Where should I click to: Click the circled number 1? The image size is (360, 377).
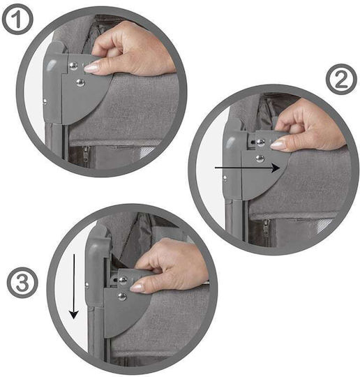coord(17,20)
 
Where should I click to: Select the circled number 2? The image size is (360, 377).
coord(341,80)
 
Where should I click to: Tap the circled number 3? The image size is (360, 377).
coord(22,283)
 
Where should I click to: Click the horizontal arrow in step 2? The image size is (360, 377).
coord(248,168)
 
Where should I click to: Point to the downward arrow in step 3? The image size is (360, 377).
coord(74,286)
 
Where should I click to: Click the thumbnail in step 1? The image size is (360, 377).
coord(91,68)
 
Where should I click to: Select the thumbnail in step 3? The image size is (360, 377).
coord(137,288)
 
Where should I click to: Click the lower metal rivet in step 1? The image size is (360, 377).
coord(80,83)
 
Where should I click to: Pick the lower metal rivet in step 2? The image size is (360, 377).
coord(260,158)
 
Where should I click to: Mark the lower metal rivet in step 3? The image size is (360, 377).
coord(122,297)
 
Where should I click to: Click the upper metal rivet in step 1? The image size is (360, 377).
coord(73,66)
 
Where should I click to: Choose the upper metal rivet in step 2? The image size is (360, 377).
coord(260,143)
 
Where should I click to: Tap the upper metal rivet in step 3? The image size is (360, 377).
coord(123,281)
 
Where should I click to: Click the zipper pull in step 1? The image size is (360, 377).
coord(86,154)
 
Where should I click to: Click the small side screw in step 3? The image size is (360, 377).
coord(87,286)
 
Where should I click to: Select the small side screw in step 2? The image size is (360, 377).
coord(225,179)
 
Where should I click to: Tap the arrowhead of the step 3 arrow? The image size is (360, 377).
coord(74,314)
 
